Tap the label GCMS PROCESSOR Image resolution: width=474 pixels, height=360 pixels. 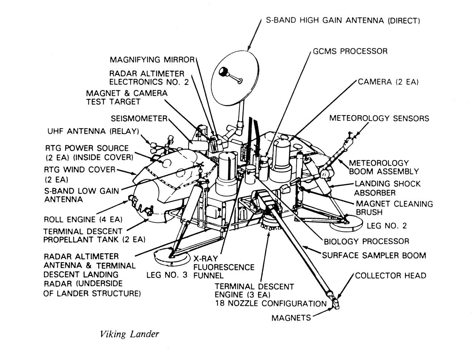pos(350,51)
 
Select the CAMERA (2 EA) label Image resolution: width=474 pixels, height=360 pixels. pos(388,81)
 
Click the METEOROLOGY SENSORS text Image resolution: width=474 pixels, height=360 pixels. pos(379,118)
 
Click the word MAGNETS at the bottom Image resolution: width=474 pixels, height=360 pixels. pos(291,318)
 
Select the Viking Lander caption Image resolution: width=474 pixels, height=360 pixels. pos(129,334)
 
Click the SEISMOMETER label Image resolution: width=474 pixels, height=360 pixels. pos(139,119)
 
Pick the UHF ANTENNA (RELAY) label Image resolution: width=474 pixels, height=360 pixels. pos(93,131)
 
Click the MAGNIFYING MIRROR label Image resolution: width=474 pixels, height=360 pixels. pos(152,60)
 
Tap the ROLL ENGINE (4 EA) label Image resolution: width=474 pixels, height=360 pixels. pos(83,219)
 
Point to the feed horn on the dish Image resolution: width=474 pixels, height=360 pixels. pos(224,72)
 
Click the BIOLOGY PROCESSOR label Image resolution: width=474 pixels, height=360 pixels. pos(366,241)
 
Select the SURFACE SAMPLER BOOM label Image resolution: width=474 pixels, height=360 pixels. pos(374,255)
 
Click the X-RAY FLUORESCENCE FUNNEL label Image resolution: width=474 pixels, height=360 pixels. pos(224,267)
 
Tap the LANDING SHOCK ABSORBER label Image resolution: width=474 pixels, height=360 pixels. pos(387,188)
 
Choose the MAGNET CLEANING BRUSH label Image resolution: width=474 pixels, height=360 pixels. pos(394,208)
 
